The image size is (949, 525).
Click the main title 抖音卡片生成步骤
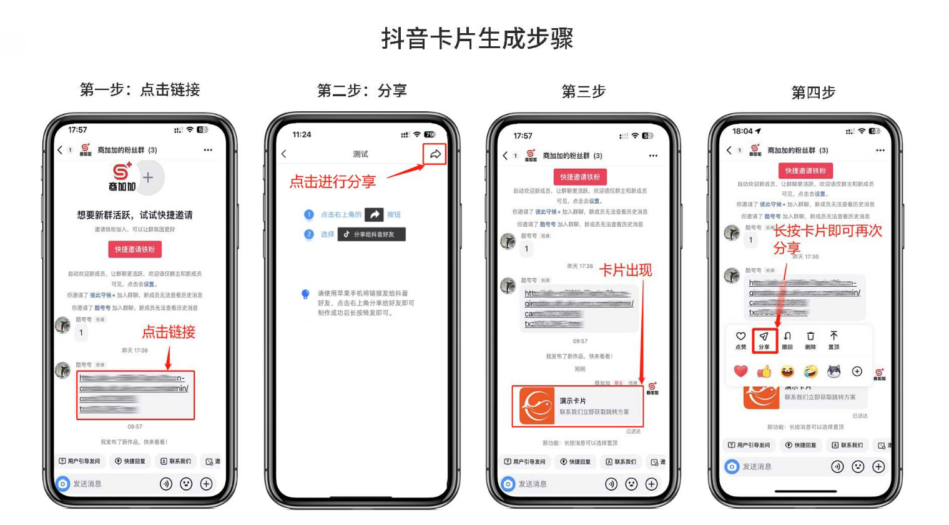[x=477, y=39]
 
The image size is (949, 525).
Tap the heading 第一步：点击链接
[x=140, y=90]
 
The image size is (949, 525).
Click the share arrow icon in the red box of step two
[x=435, y=154]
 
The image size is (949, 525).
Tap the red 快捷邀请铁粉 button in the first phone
[x=135, y=249]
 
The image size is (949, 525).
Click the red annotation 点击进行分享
[x=332, y=182]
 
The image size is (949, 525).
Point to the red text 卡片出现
[x=626, y=270]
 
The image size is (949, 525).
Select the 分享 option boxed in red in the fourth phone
[x=764, y=340]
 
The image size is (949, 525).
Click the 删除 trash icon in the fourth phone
[x=810, y=340]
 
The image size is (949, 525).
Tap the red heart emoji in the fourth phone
[x=740, y=371]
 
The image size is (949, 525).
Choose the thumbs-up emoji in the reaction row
[x=764, y=372]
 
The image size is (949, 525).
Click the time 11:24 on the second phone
[x=302, y=134]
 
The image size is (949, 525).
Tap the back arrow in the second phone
[x=284, y=154]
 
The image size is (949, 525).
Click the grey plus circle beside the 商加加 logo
[x=148, y=177]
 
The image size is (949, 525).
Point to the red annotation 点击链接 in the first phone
[x=169, y=332]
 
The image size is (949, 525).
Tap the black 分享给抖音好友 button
[x=371, y=234]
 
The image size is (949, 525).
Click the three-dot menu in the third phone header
[x=653, y=156]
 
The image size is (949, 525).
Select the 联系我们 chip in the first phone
[x=176, y=461]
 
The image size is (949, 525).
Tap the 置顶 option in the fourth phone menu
[x=833, y=340]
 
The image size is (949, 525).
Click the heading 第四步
[x=813, y=92]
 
